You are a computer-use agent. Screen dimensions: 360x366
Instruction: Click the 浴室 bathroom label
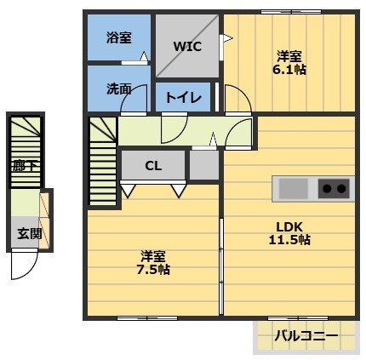tap(119, 37)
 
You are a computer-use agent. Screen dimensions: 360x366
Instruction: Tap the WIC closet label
tap(187, 46)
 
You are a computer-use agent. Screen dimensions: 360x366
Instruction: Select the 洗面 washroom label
tap(119, 88)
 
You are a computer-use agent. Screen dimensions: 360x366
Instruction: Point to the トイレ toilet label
tap(183, 97)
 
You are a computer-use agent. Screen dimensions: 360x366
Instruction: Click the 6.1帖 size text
tap(289, 70)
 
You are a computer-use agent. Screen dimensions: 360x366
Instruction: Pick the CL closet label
tap(153, 166)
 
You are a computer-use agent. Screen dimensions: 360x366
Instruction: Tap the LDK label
tap(289, 226)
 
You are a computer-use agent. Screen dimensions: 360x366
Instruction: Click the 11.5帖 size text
tap(289, 240)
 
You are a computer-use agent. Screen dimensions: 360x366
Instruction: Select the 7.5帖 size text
tap(153, 269)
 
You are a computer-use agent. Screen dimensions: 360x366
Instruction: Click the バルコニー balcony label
tap(306, 337)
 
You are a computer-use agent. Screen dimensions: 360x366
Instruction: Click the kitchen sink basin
tap(294, 188)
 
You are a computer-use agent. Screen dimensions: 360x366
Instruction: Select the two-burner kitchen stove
tap(335, 188)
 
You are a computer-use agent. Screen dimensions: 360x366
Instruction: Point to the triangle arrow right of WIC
tap(226, 37)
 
